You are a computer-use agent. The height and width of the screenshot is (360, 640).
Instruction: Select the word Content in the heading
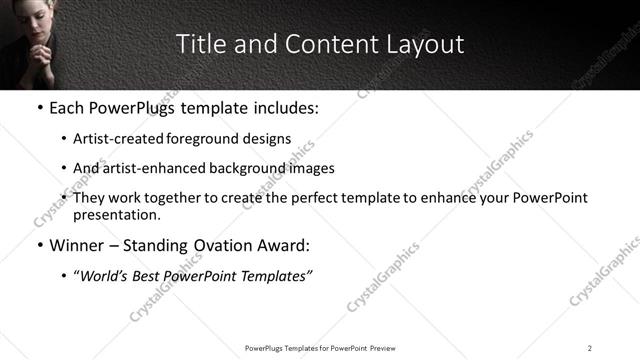[x=321, y=44]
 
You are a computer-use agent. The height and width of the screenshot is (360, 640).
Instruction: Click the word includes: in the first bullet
[x=280, y=107]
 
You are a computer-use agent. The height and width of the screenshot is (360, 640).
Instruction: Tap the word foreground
[x=203, y=139]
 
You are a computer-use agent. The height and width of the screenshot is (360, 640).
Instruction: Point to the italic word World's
[x=106, y=275]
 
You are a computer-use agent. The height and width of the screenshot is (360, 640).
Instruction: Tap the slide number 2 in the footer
[x=590, y=348]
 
